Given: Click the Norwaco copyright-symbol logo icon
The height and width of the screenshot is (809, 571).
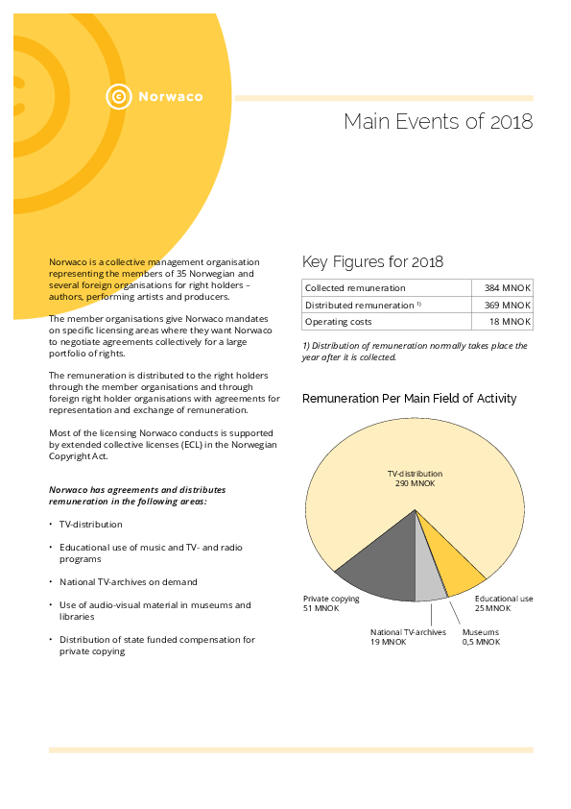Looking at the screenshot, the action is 119,96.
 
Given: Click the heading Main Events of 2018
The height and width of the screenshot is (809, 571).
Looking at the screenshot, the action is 438,122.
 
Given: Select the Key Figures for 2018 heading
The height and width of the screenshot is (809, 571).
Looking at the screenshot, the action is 372,262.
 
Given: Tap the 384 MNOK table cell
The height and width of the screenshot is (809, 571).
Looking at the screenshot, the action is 502,288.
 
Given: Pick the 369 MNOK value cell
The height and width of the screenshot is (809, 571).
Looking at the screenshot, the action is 502,305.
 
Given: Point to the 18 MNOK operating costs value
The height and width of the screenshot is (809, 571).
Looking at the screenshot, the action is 502,322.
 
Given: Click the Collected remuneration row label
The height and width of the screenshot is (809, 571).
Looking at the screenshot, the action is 355,288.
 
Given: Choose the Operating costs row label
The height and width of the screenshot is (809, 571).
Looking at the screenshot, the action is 338,322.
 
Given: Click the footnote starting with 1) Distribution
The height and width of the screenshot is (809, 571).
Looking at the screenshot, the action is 415,352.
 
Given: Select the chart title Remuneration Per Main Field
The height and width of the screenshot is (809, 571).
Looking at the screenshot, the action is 409,399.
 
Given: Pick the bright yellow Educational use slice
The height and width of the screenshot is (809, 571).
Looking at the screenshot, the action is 456,565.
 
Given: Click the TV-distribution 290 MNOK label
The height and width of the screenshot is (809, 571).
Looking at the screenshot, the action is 415,478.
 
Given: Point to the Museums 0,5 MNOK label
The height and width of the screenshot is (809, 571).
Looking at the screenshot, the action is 481,637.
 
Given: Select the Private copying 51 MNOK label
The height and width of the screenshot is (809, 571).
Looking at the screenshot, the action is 331,603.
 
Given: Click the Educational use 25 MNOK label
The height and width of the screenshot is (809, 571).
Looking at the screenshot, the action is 504,603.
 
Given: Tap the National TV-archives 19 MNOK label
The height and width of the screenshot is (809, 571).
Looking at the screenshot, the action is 408,637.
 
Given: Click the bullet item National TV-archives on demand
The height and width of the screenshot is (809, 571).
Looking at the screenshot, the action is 129,582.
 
